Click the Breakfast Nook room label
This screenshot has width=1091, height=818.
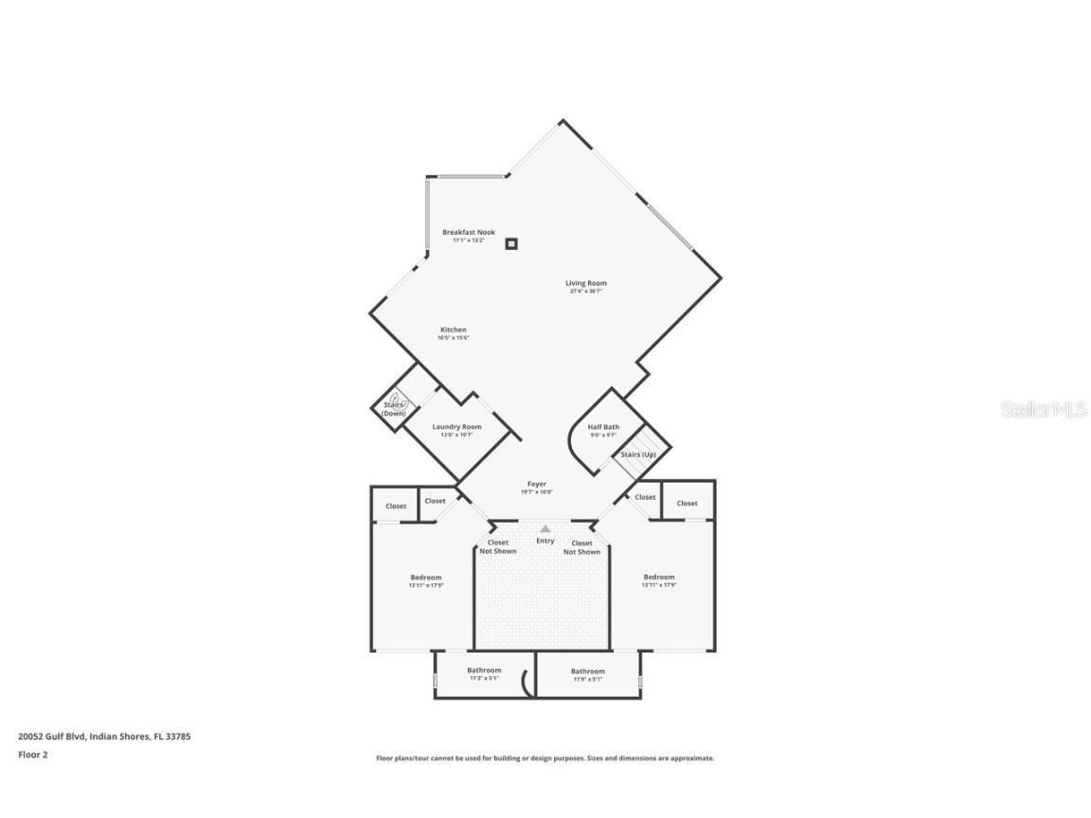pyautogui.click(x=468, y=232)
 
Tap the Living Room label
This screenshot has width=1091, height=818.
pyautogui.click(x=585, y=283)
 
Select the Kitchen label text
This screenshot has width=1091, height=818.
pyautogui.click(x=453, y=329)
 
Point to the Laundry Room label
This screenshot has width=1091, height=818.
pyautogui.click(x=456, y=427)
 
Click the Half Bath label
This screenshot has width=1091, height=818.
pyautogui.click(x=603, y=427)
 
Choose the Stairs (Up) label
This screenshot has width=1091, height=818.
pyautogui.click(x=637, y=454)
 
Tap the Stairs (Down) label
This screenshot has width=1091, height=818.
pyautogui.click(x=394, y=409)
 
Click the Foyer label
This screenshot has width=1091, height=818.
pyautogui.click(x=536, y=484)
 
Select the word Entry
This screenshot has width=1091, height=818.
pyautogui.click(x=545, y=541)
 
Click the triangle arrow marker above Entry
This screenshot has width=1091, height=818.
pyautogui.click(x=545, y=528)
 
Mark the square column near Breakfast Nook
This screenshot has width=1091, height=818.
pyautogui.click(x=511, y=243)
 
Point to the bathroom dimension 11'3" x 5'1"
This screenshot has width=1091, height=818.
pyautogui.click(x=483, y=678)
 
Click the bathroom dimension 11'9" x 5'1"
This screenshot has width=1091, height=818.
pyautogui.click(x=587, y=679)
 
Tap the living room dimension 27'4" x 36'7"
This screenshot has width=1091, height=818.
pyautogui.click(x=585, y=292)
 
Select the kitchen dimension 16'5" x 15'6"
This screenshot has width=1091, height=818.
pyautogui.click(x=453, y=338)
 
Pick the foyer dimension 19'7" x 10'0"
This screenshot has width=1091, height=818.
pyautogui.click(x=536, y=492)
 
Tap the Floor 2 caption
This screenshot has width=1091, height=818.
pyautogui.click(x=32, y=755)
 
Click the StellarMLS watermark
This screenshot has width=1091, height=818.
pyautogui.click(x=1044, y=409)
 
